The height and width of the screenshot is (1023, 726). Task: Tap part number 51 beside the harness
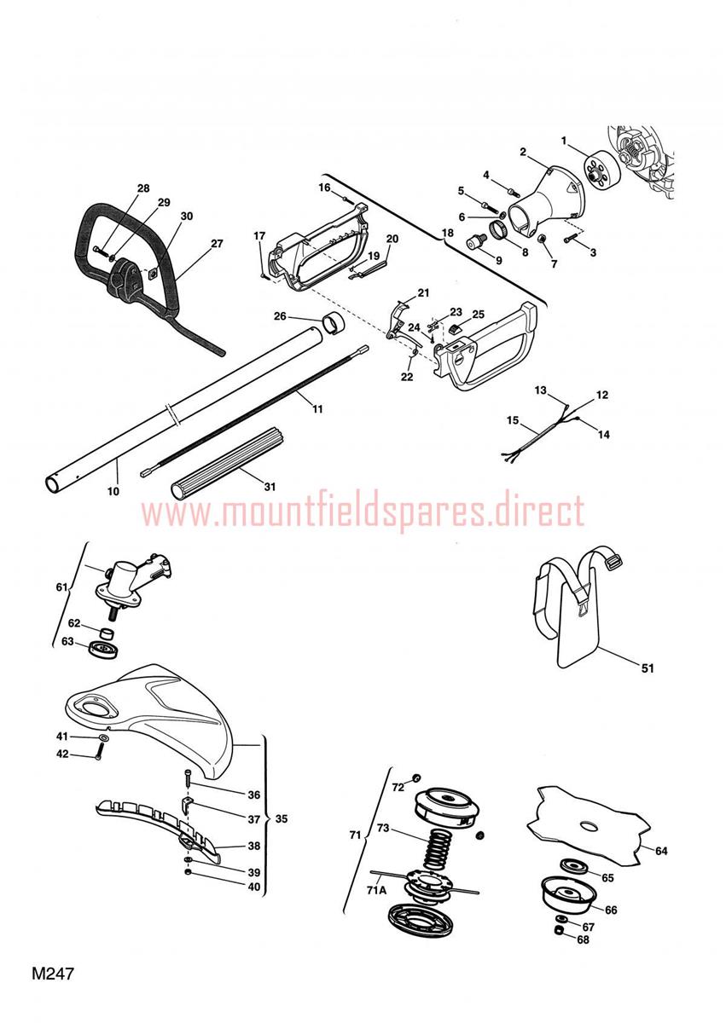[648, 668]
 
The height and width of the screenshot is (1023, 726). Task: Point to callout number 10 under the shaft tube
[113, 491]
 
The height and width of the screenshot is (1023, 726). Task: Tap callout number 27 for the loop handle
[217, 244]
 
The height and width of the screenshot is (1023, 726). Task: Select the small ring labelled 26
[333, 323]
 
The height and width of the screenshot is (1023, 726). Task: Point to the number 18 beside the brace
[447, 233]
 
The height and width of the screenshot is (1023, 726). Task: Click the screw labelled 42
[100, 752]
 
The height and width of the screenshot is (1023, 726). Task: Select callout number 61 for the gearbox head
[61, 587]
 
